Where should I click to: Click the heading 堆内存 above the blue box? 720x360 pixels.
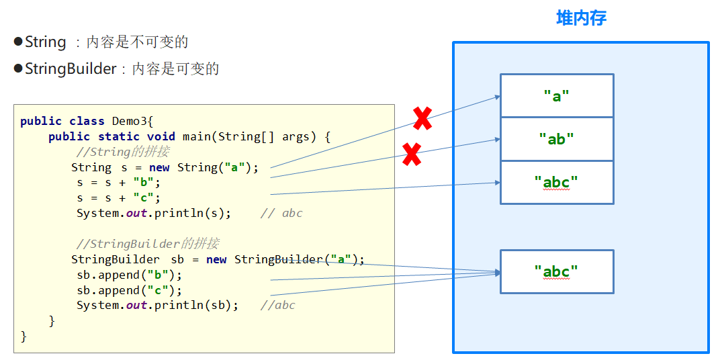[581, 18]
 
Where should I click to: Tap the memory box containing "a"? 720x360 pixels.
[557, 96]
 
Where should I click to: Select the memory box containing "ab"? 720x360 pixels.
[557, 139]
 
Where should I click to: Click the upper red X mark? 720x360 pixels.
[422, 119]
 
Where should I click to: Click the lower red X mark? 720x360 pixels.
[412, 154]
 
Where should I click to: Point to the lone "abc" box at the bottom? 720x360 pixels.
[557, 271]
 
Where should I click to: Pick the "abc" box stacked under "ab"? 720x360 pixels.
[557, 182]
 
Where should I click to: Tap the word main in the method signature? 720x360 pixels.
[196, 137]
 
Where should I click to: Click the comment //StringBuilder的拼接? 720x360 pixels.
[147, 244]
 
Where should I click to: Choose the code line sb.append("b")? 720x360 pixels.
[129, 275]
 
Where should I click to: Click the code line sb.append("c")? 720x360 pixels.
[129, 290]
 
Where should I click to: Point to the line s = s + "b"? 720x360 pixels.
[118, 183]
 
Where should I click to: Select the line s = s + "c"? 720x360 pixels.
[118, 198]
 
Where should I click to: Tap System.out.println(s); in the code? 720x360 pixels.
[153, 214]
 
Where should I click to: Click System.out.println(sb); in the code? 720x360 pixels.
[157, 306]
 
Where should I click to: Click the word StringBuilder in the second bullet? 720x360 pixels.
[71, 69]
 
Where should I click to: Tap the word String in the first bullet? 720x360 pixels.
[46, 42]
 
